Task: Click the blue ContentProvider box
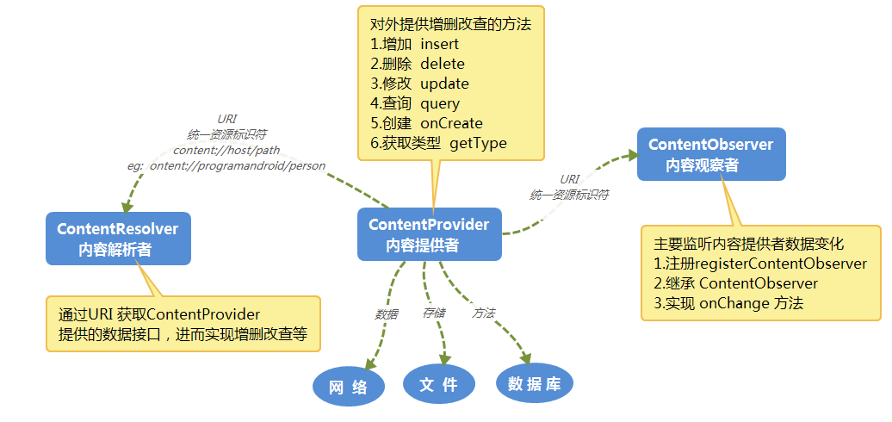429,234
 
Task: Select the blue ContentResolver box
117,239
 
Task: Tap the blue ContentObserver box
710,154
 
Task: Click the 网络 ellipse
349,388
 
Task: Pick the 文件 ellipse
439,385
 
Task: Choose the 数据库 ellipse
534,383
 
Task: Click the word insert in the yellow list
439,44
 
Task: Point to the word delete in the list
442,64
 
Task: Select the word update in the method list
444,84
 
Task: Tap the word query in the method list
440,103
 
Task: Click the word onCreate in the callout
451,123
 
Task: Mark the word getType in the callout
478,143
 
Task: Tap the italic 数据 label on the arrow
386,314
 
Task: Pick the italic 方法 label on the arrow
483,313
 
